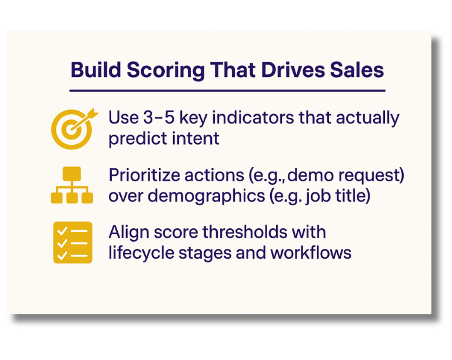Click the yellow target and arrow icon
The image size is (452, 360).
point(72,127)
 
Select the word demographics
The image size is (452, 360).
point(198,196)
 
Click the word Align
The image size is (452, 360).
point(126,232)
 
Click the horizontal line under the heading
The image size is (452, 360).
point(227,91)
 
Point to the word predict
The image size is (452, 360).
point(133,138)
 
